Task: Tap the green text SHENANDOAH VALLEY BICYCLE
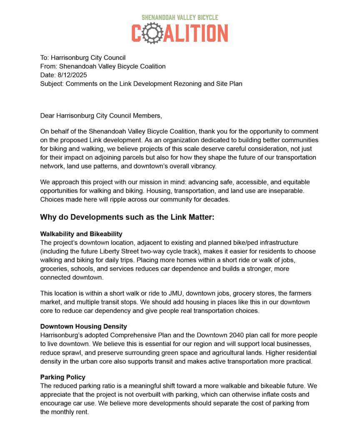pyautogui.click(x=180, y=18)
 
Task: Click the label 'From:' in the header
pyautogui.click(x=48, y=66)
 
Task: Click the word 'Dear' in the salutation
pyautogui.click(x=47, y=115)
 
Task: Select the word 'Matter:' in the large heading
pyautogui.click(x=202, y=217)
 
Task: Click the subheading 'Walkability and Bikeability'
pyautogui.click(x=81, y=234)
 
